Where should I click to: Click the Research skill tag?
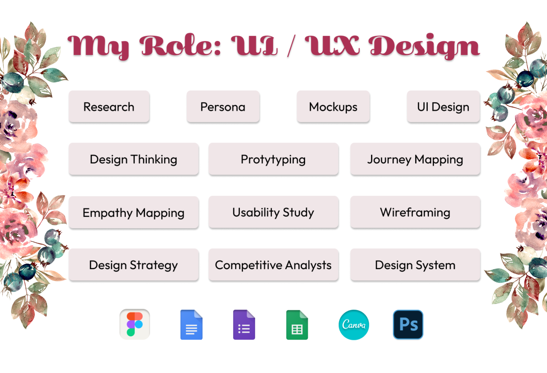pos(109,107)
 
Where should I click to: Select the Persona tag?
pos(223,107)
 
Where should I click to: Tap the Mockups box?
pos(333,107)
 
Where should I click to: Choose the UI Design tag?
pos(443,107)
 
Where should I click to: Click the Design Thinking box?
pos(133,159)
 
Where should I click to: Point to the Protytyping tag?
pos(273,159)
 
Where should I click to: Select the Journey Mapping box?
pos(415,159)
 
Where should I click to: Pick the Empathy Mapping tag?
pos(133,213)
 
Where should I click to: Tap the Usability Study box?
pos(273,212)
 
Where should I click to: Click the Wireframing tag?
pos(415,212)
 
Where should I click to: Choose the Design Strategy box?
pos(133,265)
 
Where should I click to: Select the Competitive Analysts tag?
pos(273,265)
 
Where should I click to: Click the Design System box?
pos(415,265)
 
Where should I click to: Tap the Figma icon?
pos(135,324)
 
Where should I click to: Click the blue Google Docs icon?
pos(191,325)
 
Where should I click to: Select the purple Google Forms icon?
pos(244,325)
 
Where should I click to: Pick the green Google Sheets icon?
pos(297,325)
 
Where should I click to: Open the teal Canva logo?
pos(354,325)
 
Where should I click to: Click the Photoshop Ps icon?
pos(408,324)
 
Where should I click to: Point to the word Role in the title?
pos(181,46)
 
